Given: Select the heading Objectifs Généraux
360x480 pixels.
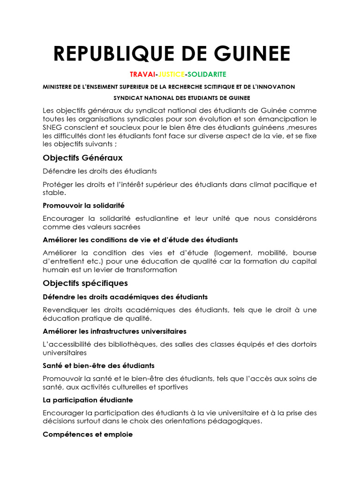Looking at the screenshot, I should pyautogui.click(x=82, y=157).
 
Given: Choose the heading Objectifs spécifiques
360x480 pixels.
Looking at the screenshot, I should pyautogui.click(x=85, y=283).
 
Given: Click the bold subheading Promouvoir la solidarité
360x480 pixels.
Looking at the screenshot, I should pyautogui.click(x=83, y=205).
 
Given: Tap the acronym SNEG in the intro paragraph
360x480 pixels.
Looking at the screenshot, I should pyautogui.click(x=51, y=127).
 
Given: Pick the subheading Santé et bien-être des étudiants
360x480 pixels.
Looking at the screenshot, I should pyautogui.click(x=98, y=365).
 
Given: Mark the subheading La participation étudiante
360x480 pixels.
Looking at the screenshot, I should pyautogui.click(x=88, y=400).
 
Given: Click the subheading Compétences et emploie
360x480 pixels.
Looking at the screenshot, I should pyautogui.click(x=88, y=435).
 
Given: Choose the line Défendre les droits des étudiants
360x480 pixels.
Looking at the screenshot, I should pyautogui.click(x=99, y=171).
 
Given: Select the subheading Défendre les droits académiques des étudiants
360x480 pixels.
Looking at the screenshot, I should pyautogui.click(x=125, y=297).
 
